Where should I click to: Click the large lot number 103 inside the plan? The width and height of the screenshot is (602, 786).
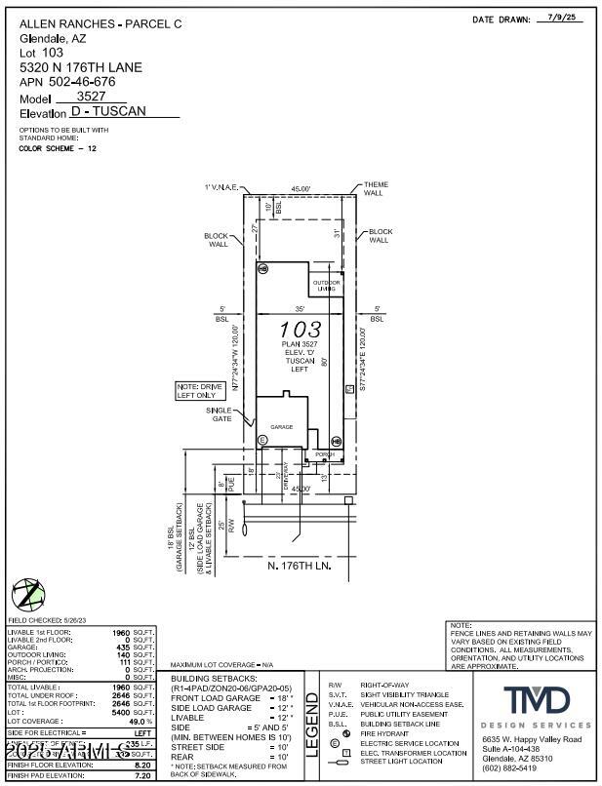click(x=300, y=329)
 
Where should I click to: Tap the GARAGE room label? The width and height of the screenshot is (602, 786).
click(x=282, y=427)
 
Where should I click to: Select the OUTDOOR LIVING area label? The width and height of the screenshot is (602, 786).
click(x=326, y=286)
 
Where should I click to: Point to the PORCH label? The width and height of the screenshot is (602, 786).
click(x=324, y=454)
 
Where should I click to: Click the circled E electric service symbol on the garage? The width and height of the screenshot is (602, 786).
click(x=262, y=441)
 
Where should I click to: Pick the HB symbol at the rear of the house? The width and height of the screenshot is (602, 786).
click(x=262, y=267)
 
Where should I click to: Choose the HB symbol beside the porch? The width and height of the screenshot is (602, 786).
click(x=336, y=441)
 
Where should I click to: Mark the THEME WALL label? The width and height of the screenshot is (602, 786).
click(x=376, y=188)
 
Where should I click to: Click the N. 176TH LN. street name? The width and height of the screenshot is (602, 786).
click(x=301, y=566)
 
